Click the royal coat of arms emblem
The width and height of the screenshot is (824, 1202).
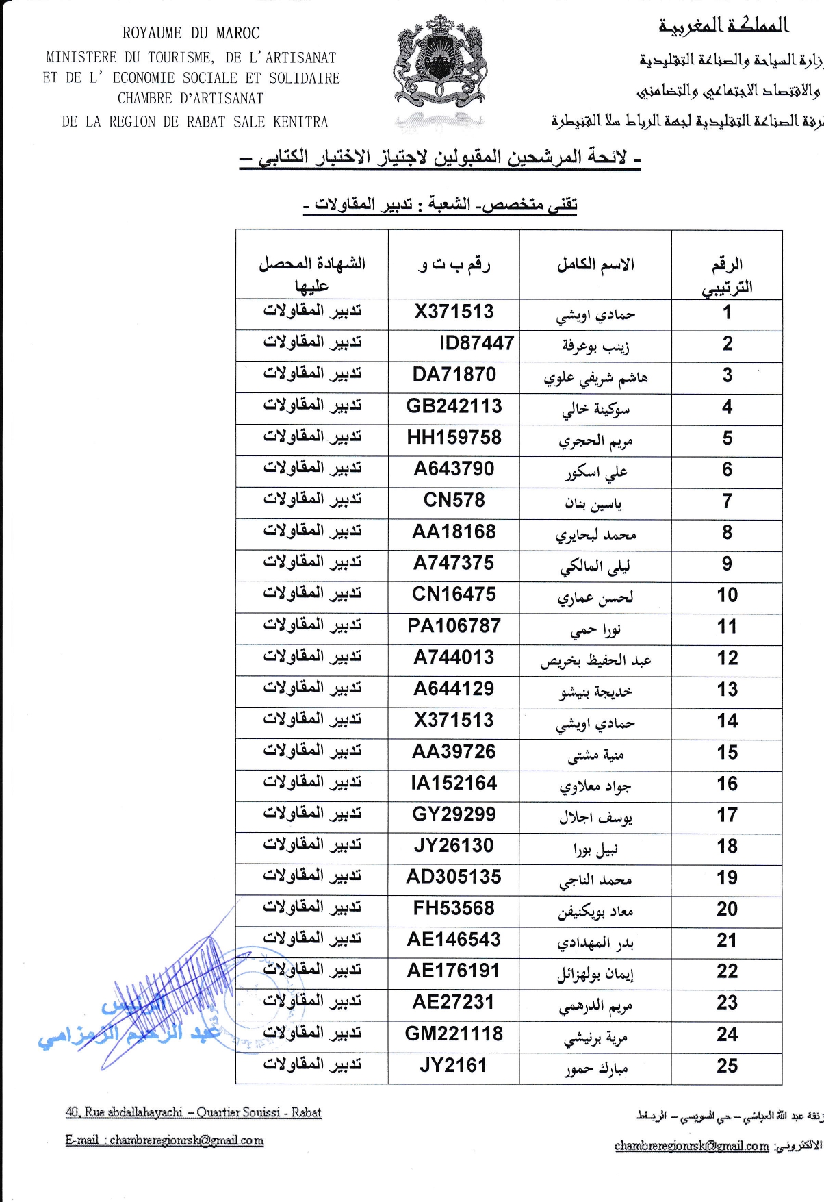tap(441, 65)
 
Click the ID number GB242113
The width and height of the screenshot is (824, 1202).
tap(454, 406)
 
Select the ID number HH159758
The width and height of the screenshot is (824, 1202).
tap(454, 438)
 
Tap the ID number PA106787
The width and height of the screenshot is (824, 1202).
tap(454, 626)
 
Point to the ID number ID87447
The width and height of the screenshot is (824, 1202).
tap(476, 343)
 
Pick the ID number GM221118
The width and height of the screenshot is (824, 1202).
tap(454, 1034)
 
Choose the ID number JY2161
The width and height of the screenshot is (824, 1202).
tap(454, 1066)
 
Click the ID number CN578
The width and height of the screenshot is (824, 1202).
tap(454, 501)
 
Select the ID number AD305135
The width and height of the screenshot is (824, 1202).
tap(454, 877)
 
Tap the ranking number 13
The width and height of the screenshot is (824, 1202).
tap(727, 690)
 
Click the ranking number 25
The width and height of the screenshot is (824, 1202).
tap(727, 1066)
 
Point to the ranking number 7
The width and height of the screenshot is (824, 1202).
tap(727, 501)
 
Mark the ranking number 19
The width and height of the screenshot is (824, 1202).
tap(727, 878)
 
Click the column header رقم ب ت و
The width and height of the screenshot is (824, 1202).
tap(454, 264)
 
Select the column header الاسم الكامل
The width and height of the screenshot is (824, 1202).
tap(595, 264)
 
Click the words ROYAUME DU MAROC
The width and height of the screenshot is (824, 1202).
tap(191, 33)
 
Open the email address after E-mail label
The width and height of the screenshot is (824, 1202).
tap(186, 1140)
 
